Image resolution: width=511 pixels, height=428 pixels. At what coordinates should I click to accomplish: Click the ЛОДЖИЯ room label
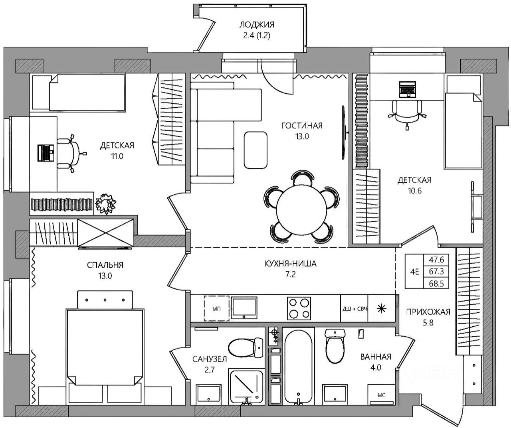pos(257,25)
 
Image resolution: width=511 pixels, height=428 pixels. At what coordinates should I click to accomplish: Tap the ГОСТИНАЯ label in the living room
pos(302,126)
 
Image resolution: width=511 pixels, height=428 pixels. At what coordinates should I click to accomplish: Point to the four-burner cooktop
pos(299,308)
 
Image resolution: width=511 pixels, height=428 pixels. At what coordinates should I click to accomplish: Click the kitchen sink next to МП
pos(244,308)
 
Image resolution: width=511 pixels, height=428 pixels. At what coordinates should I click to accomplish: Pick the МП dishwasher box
pos(217,308)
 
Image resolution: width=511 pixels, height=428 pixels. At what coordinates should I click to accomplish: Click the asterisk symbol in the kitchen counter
pos(382,309)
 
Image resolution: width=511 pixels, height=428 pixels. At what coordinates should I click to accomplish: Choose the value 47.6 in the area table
pos(436,260)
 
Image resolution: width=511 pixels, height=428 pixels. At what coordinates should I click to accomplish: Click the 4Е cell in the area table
pos(414,272)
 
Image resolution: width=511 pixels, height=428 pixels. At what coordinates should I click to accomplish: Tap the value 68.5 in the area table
pos(436,284)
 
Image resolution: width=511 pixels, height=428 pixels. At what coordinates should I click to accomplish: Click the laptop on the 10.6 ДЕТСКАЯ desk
pos(408,89)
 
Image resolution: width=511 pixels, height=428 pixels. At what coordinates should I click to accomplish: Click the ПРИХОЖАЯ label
pos(428,312)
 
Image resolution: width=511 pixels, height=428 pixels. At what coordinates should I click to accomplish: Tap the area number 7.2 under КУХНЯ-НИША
pos(290,274)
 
